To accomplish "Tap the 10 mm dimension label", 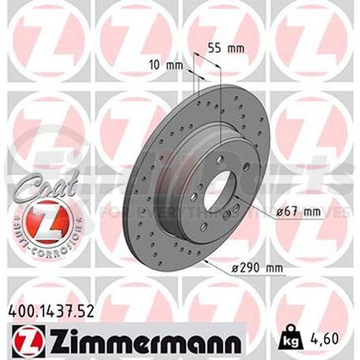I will point(172,65).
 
